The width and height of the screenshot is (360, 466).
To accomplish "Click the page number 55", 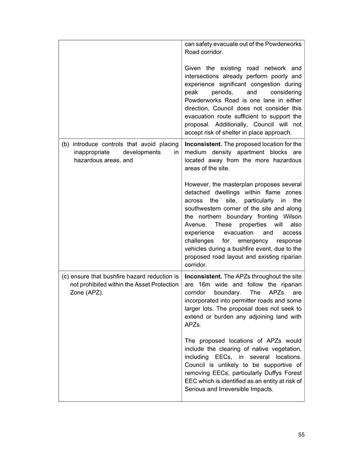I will pos(301,435).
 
